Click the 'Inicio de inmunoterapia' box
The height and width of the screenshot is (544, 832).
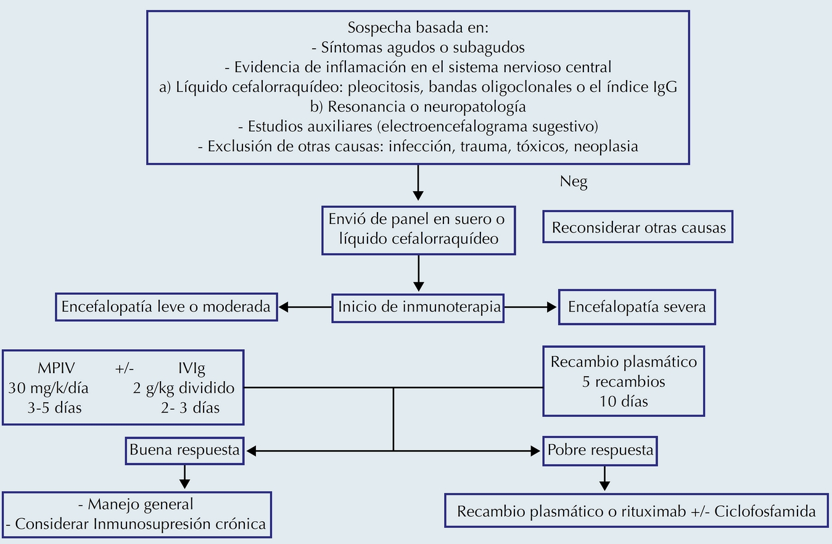pos(418,307)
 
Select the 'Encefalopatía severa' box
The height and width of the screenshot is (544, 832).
pos(636,307)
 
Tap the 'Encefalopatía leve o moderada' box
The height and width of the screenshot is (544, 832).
pos(166,307)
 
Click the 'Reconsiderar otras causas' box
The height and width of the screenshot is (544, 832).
pos(638,228)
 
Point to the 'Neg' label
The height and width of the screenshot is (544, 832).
pos(574,182)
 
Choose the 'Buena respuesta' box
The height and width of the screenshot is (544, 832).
pos(184,450)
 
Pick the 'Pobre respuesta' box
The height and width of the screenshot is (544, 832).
pos(600,450)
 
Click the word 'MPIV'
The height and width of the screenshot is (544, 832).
pos(57,369)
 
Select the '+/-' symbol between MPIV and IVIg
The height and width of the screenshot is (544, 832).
pos(123,369)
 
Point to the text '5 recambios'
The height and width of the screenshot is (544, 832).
pos(624,382)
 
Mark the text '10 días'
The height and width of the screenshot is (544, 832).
pos(624,402)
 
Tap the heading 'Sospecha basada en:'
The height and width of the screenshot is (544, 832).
pos(418,28)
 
